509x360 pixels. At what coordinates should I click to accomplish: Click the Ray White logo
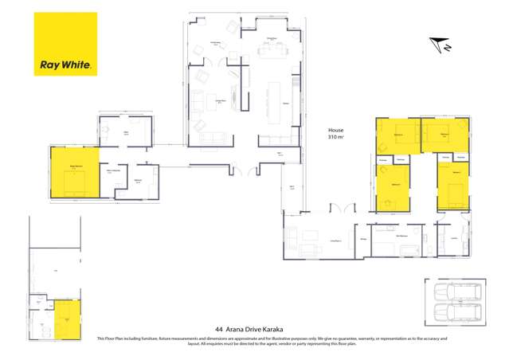coord(65,44)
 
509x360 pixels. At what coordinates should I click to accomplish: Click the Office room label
coord(126,133)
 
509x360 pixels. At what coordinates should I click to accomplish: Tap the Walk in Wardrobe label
coord(113,171)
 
